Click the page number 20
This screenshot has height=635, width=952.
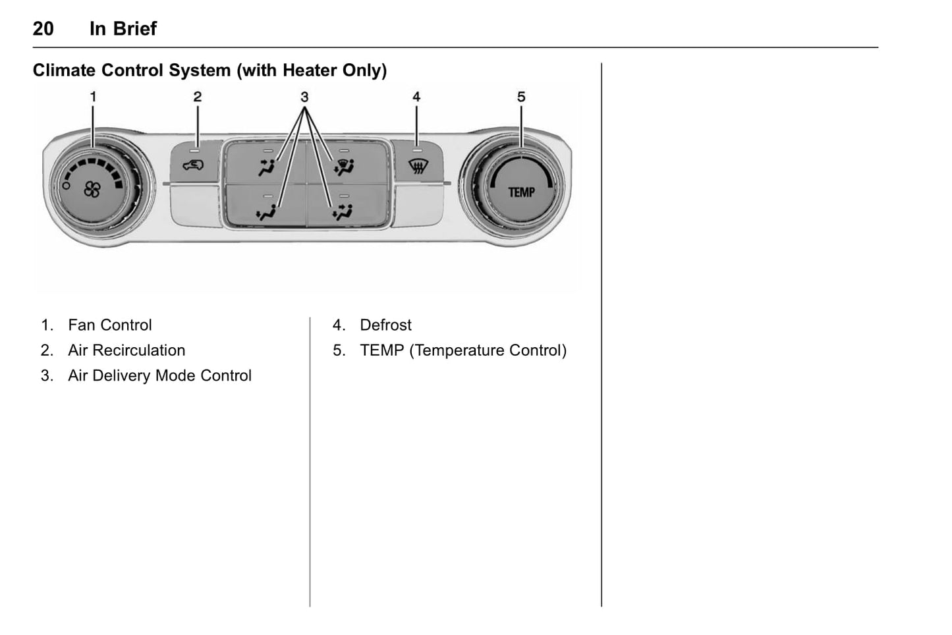click(x=43, y=28)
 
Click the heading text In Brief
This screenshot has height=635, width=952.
click(x=123, y=28)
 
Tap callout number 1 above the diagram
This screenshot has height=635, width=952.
click(x=93, y=97)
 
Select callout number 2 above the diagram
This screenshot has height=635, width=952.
click(x=197, y=97)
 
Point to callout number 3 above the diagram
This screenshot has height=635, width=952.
click(x=304, y=97)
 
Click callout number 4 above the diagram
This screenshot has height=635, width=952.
click(x=416, y=97)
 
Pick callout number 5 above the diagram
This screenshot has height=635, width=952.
click(x=521, y=97)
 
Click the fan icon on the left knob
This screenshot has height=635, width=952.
click(x=92, y=190)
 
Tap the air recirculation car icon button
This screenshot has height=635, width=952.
click(x=193, y=165)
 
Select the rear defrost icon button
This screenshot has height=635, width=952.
click(x=416, y=166)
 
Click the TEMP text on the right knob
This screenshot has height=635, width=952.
click(x=521, y=192)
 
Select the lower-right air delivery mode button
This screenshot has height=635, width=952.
click(x=343, y=211)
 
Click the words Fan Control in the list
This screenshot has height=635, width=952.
click(x=109, y=325)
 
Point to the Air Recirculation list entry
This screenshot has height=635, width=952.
click(x=126, y=350)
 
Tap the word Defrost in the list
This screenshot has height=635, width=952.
click(x=385, y=325)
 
